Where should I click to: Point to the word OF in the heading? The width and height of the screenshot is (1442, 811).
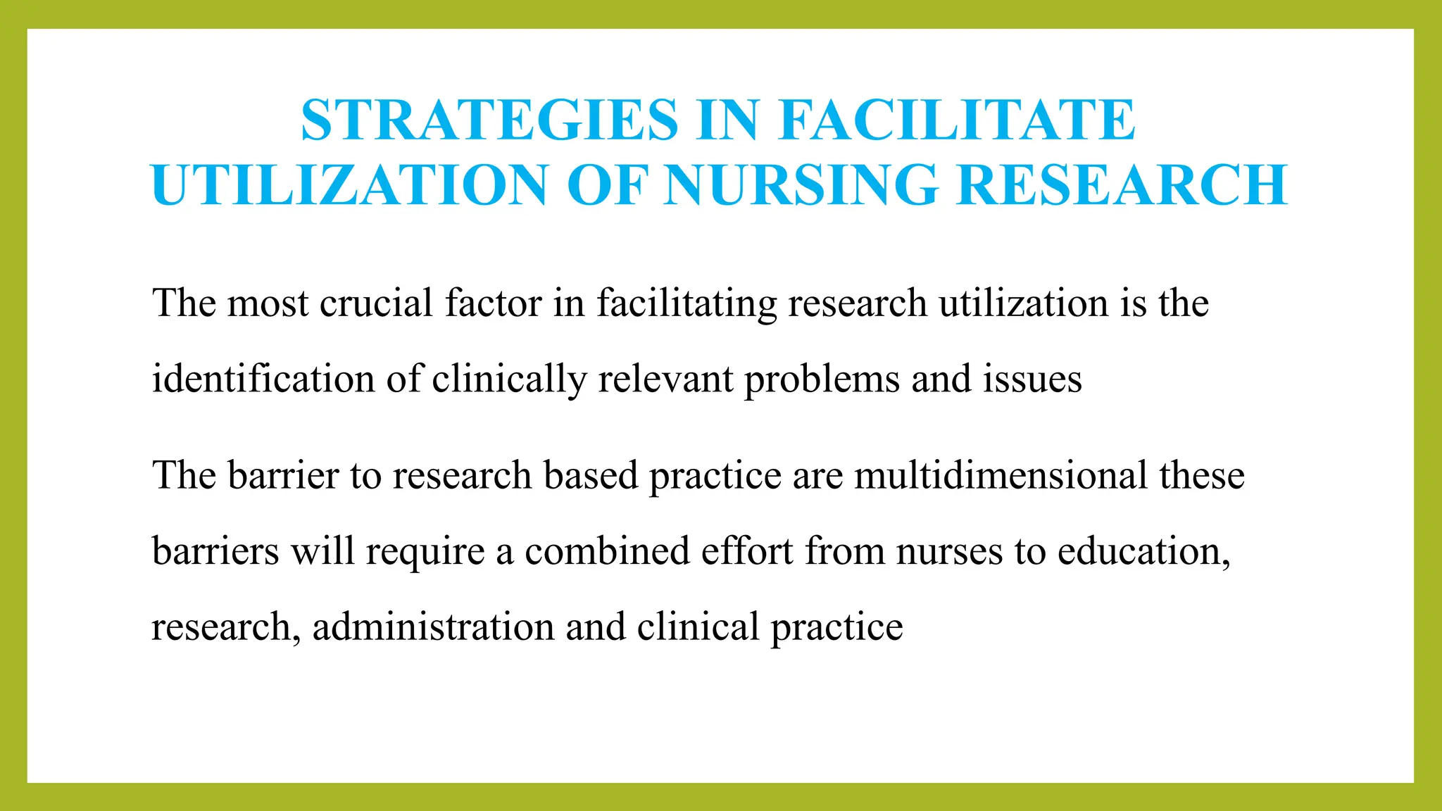(606, 185)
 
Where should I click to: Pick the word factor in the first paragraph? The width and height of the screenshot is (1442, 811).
(493, 303)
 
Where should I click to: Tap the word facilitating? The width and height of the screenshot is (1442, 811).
(686, 305)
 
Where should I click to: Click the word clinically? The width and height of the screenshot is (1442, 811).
(508, 380)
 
